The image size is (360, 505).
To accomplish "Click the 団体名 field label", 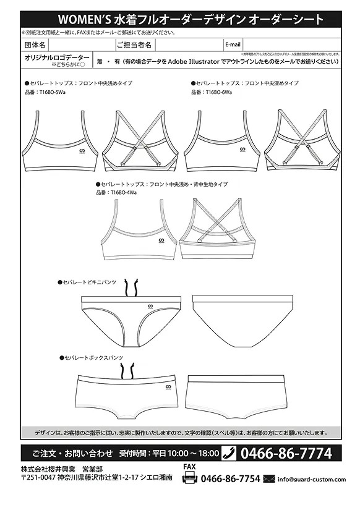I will click(x=35, y=45).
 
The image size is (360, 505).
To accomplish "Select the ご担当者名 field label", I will click(x=134, y=45).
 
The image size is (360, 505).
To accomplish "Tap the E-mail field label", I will click(x=233, y=45).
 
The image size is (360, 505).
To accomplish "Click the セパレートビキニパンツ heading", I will click(x=89, y=282).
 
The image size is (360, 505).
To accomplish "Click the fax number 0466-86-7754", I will click(x=231, y=479).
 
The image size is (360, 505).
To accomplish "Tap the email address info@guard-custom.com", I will click(x=312, y=479).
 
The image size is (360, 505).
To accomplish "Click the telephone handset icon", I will click(x=228, y=453).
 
